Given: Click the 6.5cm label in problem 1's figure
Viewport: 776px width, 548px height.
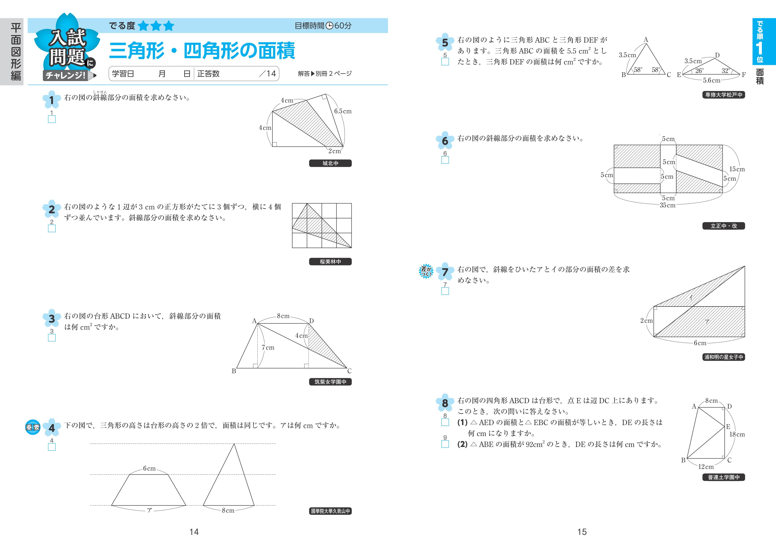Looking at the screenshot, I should click(343, 111).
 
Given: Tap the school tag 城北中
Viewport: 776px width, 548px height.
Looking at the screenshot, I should click(330, 163).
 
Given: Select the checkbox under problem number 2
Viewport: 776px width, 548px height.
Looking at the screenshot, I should click(52, 229).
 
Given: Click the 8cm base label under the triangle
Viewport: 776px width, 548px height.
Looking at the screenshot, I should click(228, 510).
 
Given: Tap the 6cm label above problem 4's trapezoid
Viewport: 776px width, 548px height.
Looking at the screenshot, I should click(149, 469).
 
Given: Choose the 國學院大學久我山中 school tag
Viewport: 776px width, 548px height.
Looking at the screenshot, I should click(330, 511).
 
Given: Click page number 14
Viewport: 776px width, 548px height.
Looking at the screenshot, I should click(194, 532).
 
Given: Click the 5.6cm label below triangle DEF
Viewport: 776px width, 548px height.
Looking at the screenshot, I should click(711, 81).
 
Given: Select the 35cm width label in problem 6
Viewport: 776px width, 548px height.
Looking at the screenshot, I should click(668, 205).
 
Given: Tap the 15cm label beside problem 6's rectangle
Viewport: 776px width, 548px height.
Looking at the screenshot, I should click(737, 169).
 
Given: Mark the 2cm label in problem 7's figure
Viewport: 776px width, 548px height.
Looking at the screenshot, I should click(646, 320).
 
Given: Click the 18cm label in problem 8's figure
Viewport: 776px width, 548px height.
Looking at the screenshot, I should click(737, 434).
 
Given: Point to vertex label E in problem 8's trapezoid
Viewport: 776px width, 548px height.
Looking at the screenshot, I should click(728, 427).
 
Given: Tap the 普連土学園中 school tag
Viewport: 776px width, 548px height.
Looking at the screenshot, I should click(724, 477).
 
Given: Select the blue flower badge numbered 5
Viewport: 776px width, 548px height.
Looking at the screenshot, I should click(445, 43).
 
